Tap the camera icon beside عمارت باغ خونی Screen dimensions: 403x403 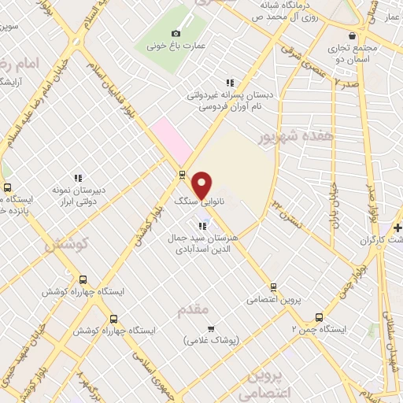[x=176, y=33]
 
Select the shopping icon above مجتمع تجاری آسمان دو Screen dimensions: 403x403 [x=351, y=35]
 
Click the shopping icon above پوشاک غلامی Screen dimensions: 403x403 [x=210, y=328]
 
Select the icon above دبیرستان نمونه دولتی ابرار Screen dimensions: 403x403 [x=78, y=179]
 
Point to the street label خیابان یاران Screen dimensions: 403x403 [x=333, y=202]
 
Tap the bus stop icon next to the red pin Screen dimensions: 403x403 [x=183, y=175]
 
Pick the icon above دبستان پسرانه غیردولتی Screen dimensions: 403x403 [x=230, y=83]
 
